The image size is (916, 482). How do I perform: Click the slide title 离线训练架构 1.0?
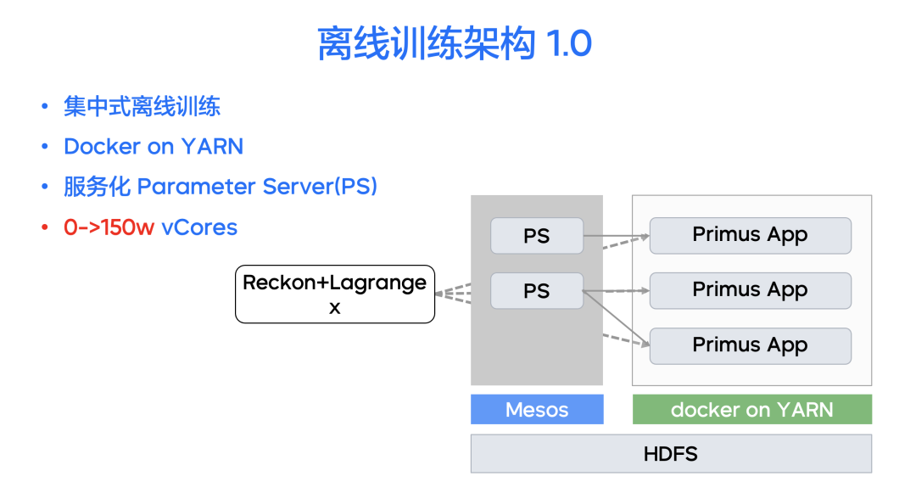click(x=455, y=43)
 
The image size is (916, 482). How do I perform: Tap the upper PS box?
click(x=537, y=236)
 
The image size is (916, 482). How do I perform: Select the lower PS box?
click(x=537, y=291)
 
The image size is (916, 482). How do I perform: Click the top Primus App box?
click(x=750, y=235)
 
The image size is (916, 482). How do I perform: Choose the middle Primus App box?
click(x=750, y=290)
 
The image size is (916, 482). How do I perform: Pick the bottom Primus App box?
click(x=750, y=345)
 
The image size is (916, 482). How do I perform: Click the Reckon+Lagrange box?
click(x=334, y=294)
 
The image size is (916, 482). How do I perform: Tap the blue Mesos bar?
click(x=537, y=410)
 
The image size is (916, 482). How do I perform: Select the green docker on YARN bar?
click(x=751, y=410)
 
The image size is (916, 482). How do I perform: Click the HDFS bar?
click(x=670, y=454)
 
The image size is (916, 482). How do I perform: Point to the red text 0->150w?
click(x=109, y=227)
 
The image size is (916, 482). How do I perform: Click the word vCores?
click(x=199, y=227)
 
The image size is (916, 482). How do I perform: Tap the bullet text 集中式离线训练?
click(x=142, y=107)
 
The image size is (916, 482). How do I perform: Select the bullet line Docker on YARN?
click(x=154, y=147)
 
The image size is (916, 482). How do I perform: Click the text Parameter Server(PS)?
click(x=257, y=187)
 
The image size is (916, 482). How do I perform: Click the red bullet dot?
click(x=45, y=227)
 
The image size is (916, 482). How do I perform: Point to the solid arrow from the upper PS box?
click(x=616, y=235)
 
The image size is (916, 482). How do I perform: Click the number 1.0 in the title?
click(x=569, y=43)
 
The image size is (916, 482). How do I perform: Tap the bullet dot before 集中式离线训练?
click(x=45, y=107)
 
